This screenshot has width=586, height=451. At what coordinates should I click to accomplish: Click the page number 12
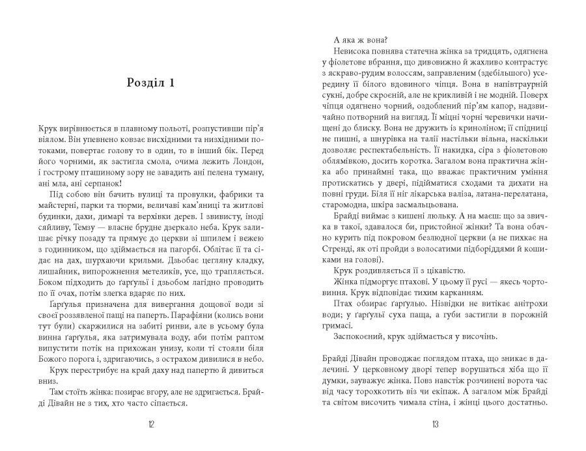[x=150, y=425]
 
